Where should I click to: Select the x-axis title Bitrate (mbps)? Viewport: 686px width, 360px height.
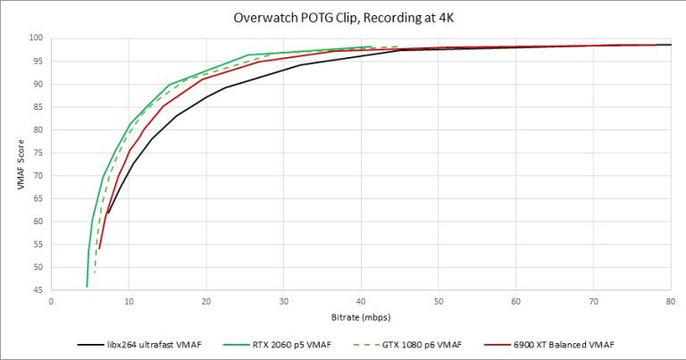point(361,317)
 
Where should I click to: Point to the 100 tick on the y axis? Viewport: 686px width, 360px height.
point(36,38)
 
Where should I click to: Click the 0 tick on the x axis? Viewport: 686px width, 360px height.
point(52,302)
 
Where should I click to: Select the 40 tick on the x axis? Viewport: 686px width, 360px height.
point(361,302)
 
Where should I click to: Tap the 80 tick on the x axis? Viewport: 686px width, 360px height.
point(670,302)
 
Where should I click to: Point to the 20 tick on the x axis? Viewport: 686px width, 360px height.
point(206,302)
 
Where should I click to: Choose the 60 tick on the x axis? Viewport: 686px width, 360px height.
point(515,302)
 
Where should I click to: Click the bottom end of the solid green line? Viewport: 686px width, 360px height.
point(87,287)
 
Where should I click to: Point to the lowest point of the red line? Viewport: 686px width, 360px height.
point(99,248)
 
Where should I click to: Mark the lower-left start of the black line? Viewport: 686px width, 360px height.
point(107,213)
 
